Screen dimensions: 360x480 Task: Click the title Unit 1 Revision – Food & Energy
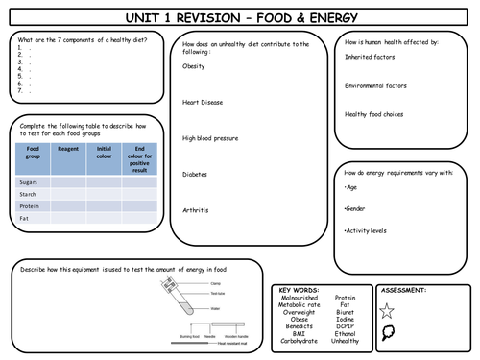240,17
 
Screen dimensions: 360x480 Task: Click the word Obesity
194,67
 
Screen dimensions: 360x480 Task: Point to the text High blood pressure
209,137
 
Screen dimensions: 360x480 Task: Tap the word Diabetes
195,174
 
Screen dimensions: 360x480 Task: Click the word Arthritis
195,209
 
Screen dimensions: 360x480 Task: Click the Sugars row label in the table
28,180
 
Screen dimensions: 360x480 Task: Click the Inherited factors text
371,57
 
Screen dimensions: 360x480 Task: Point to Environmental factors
377,85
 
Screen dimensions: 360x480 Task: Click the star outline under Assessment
387,310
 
